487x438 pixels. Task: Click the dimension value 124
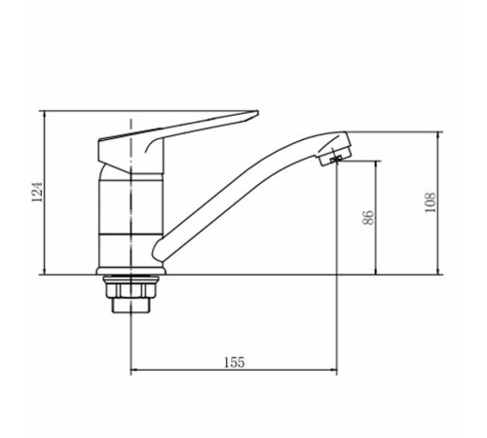37,192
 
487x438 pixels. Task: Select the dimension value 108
431,202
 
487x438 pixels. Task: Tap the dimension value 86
368,217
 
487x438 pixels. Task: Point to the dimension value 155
235,362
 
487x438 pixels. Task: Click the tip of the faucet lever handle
257,112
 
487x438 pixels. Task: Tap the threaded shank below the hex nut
131,306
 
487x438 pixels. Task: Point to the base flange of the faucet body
131,271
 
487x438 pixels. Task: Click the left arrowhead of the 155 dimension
132,370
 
